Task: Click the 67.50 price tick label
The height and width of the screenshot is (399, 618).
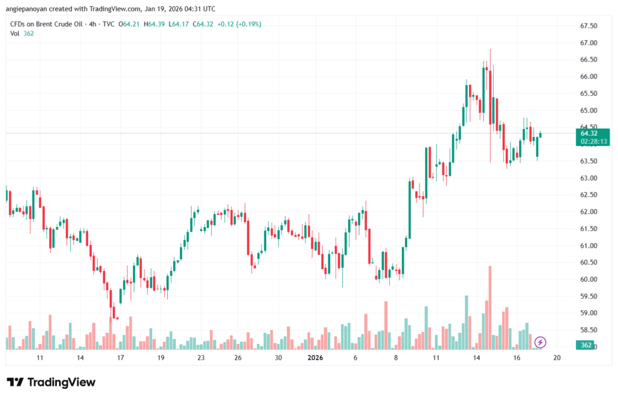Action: (588, 26)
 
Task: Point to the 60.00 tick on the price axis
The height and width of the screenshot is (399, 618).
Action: (588, 279)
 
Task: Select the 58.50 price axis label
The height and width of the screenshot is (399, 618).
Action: (588, 330)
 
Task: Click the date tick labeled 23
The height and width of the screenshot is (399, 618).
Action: (201, 358)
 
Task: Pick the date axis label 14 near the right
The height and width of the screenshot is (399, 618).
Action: (477, 358)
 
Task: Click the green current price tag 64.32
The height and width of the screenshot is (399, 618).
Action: (589, 133)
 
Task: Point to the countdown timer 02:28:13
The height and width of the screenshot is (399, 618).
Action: (593, 141)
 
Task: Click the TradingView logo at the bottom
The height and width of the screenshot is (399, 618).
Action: (51, 382)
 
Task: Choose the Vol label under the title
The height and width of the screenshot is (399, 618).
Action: (15, 33)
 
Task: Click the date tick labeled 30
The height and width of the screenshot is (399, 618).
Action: (278, 358)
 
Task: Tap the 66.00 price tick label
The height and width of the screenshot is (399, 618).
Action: (588, 77)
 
